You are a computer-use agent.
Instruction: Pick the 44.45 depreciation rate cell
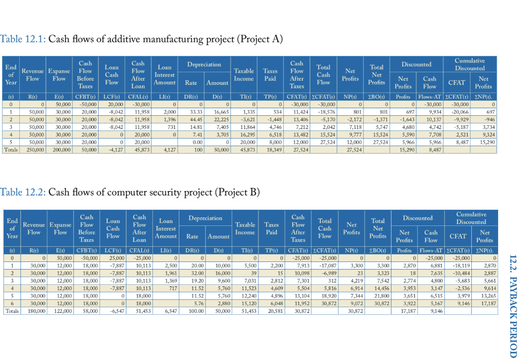[x=190, y=117]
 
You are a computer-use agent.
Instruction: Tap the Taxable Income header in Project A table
[x=244, y=75]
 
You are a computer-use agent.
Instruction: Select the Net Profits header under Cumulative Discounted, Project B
[x=484, y=236]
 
